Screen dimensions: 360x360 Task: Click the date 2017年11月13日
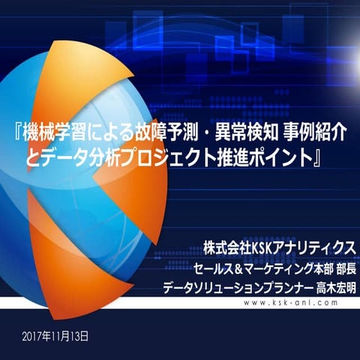tap(55, 334)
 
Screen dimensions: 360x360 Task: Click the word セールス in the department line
tap(210, 267)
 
